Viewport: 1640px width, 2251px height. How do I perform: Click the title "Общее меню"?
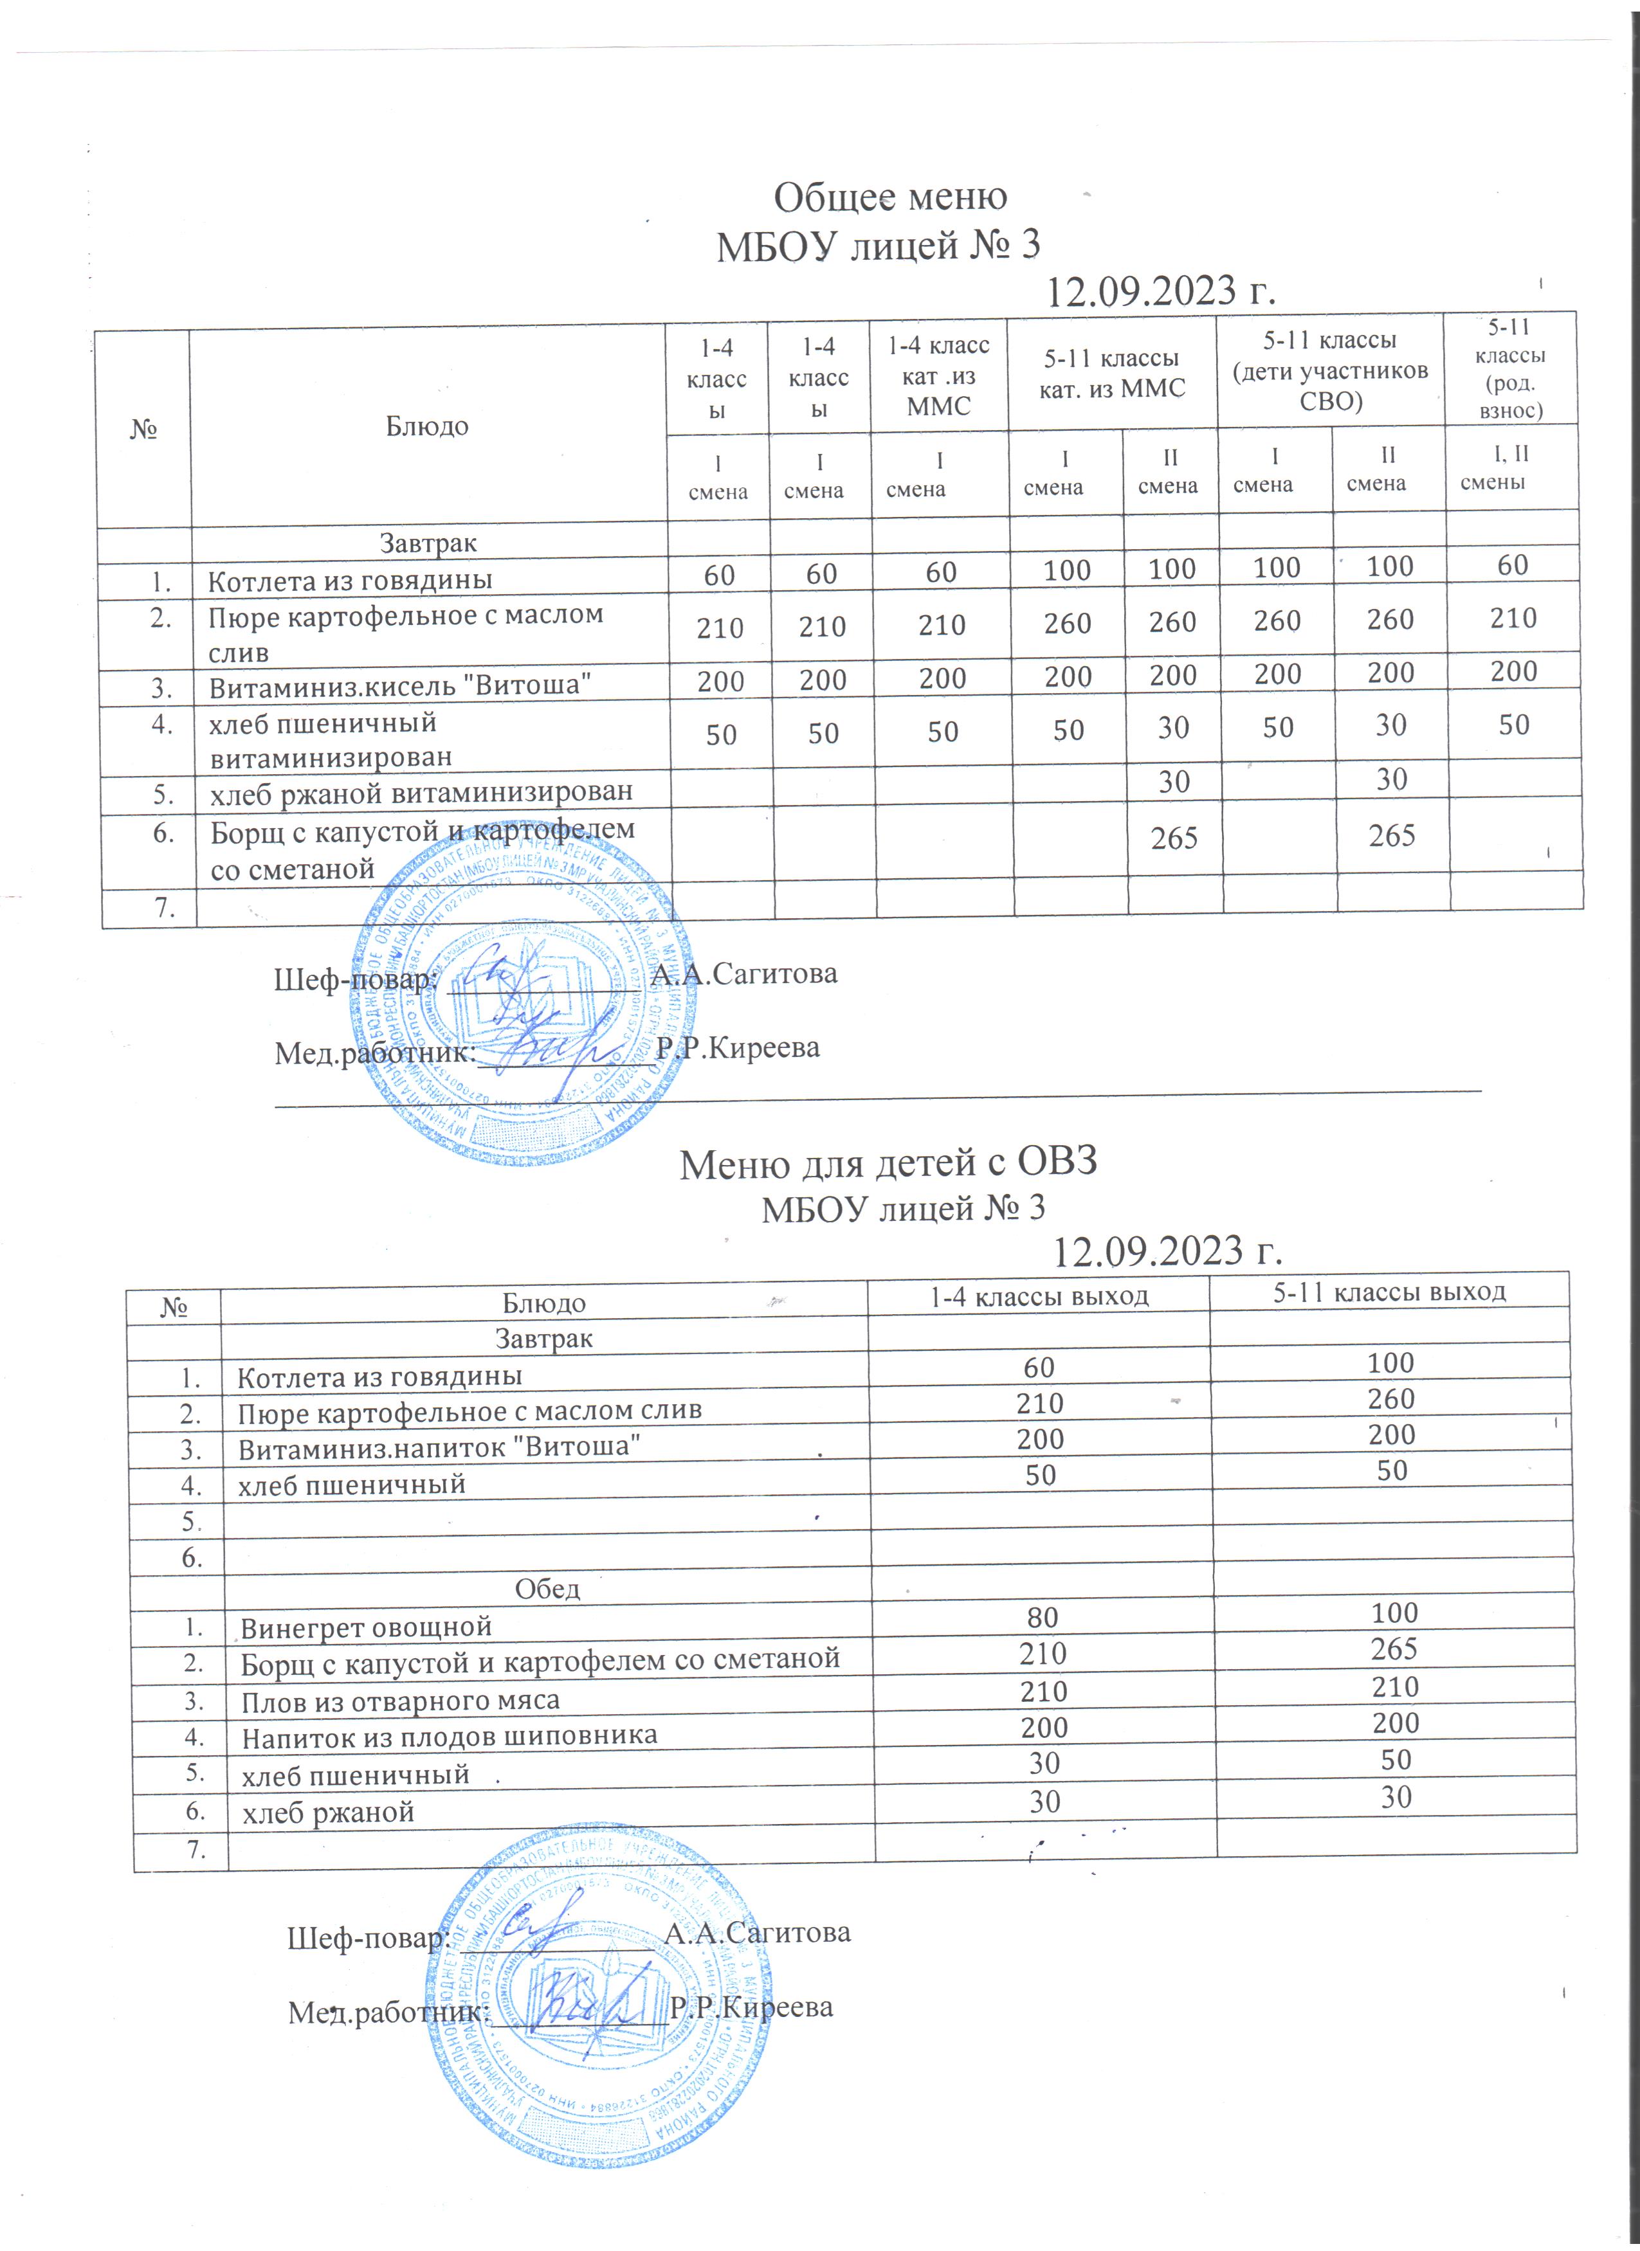pyautogui.click(x=889, y=197)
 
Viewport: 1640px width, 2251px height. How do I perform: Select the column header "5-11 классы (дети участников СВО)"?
pyautogui.click(x=1329, y=370)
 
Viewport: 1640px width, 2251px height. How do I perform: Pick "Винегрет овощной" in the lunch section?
pyautogui.click(x=367, y=1628)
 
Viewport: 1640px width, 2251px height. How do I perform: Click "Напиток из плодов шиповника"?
pyautogui.click(x=449, y=1736)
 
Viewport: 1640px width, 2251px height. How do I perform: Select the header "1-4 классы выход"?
pyautogui.click(x=1039, y=1295)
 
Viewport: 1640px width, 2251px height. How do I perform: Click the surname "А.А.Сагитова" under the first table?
pyautogui.click(x=743, y=973)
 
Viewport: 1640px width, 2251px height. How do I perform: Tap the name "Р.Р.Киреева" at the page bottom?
pyautogui.click(x=751, y=2007)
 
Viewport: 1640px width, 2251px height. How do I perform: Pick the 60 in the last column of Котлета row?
pyautogui.click(x=1512, y=566)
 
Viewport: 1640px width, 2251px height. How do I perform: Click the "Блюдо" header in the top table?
pyautogui.click(x=427, y=427)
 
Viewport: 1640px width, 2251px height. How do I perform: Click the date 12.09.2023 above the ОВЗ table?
pyautogui.click(x=1167, y=1252)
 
